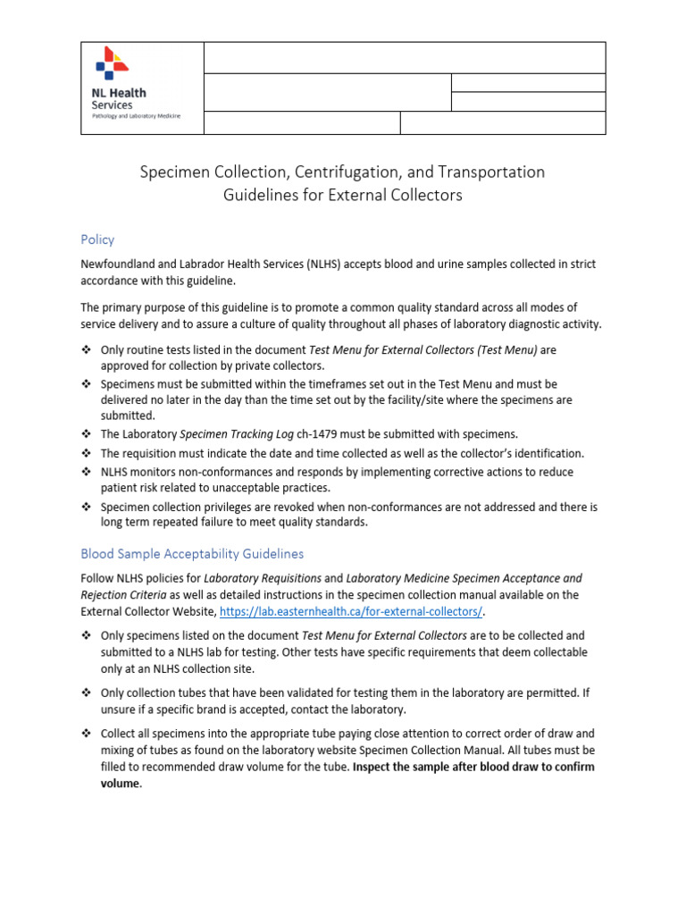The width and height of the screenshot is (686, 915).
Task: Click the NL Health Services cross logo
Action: [x=112, y=65]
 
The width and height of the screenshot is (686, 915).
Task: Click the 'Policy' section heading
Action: [x=97, y=239]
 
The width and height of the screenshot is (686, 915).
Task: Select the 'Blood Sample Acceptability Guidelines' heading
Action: [x=192, y=554]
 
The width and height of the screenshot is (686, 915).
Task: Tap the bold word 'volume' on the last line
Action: [x=121, y=784]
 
